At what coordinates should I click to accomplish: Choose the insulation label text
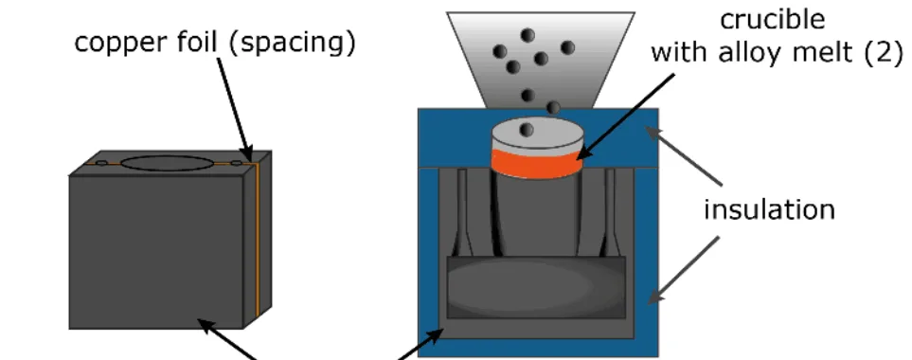click(x=769, y=209)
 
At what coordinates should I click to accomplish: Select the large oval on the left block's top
click(x=167, y=163)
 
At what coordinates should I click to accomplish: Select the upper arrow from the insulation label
click(x=682, y=156)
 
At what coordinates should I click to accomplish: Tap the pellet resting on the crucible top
click(x=527, y=130)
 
